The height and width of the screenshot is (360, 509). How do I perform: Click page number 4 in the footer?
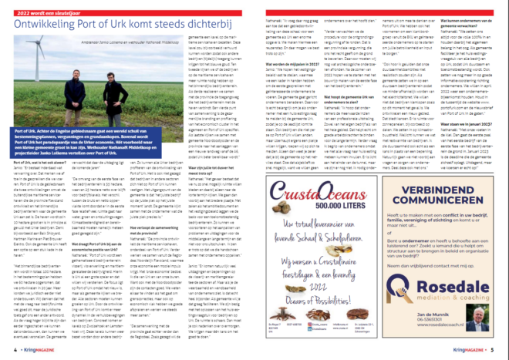[x=14, y=352]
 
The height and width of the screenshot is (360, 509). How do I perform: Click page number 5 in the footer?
[x=496, y=352]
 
